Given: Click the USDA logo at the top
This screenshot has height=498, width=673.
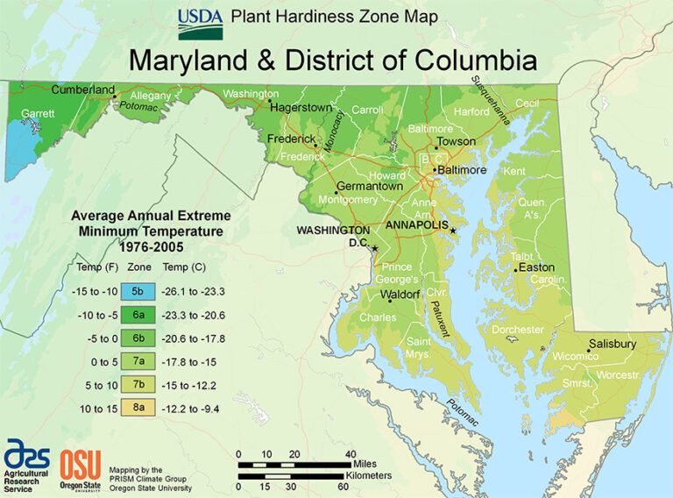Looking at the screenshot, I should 200,24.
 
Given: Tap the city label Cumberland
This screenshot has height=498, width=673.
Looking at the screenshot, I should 83,89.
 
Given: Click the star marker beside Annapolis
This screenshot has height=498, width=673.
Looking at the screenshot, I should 453,231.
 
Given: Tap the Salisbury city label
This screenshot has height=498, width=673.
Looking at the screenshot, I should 612,345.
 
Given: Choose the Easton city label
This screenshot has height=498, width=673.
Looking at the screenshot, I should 536,267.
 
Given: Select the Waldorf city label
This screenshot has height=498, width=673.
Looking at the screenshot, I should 400,294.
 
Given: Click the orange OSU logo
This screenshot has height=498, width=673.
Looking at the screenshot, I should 81,464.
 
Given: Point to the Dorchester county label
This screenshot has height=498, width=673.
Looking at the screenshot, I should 518,330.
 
